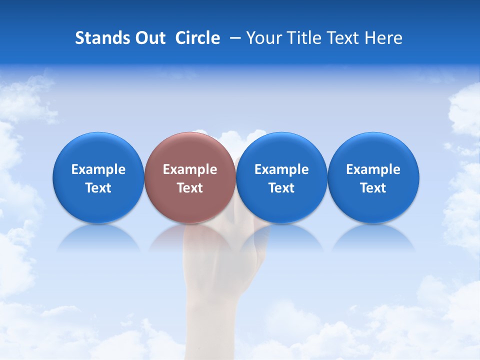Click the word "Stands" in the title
98,38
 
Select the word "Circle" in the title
197,38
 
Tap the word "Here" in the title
383,38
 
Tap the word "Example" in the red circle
190,169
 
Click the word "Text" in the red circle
190,188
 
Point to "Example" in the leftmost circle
98,169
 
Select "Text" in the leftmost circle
98,188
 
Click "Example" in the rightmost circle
373,169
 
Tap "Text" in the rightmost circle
373,188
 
